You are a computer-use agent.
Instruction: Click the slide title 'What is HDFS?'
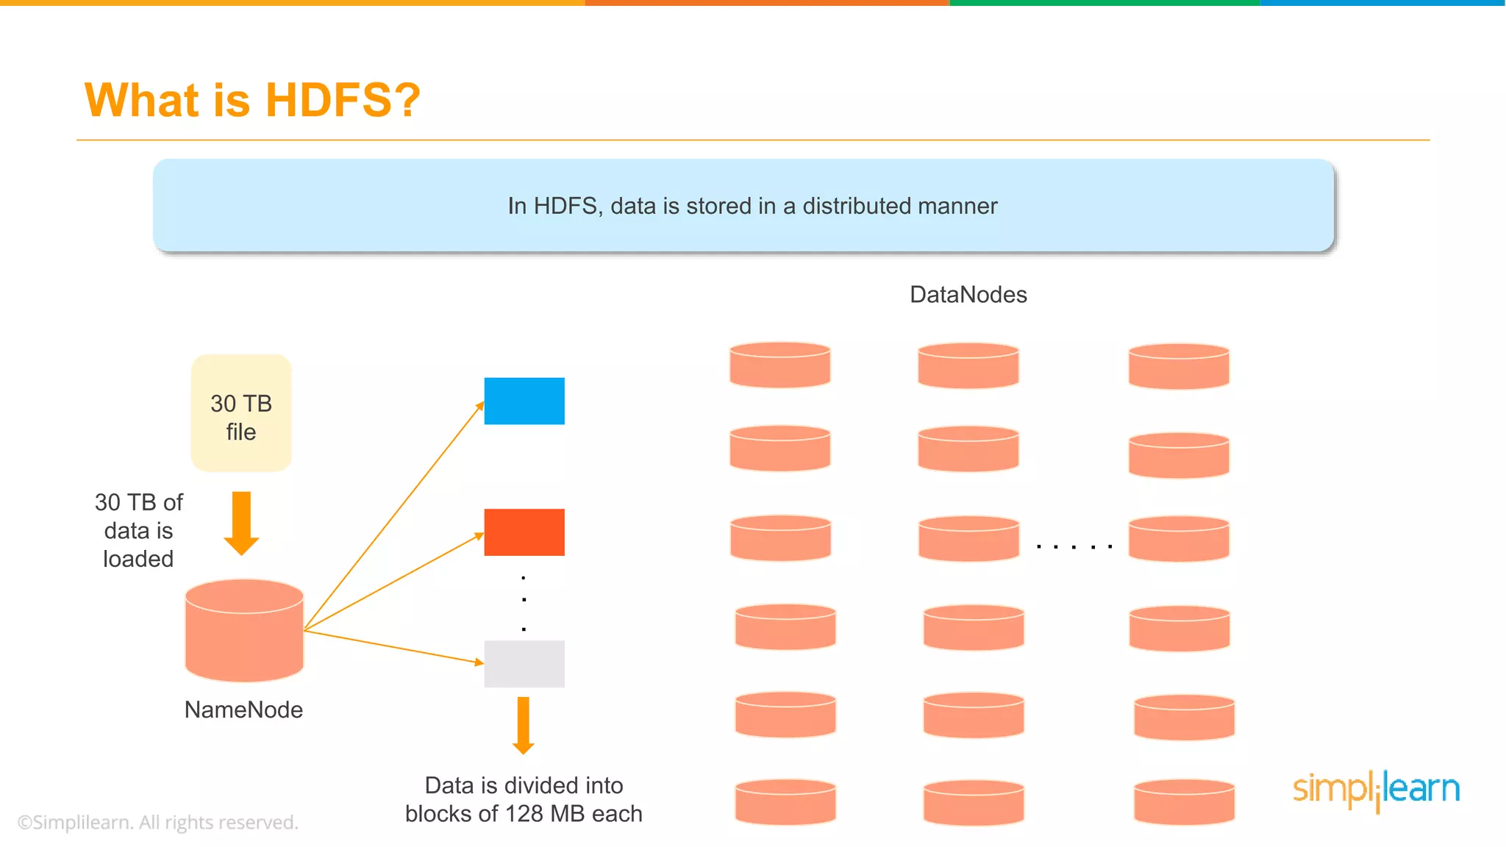[x=252, y=100]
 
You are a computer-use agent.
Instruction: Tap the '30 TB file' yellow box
[x=241, y=413]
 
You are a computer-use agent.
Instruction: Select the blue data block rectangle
[x=524, y=401]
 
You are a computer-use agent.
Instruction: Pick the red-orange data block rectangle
[x=524, y=532]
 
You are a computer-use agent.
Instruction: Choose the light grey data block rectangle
[x=524, y=663]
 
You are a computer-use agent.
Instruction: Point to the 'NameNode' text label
[x=243, y=710]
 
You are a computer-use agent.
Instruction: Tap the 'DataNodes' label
[x=968, y=294]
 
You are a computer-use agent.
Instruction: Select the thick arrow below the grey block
[x=523, y=725]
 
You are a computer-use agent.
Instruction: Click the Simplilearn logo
[x=1376, y=790]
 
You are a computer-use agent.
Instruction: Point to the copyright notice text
[x=157, y=822]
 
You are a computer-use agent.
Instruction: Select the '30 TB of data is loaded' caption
[x=138, y=530]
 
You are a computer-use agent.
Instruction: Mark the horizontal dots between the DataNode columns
[x=1074, y=547]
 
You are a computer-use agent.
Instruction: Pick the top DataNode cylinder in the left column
[x=779, y=365]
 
